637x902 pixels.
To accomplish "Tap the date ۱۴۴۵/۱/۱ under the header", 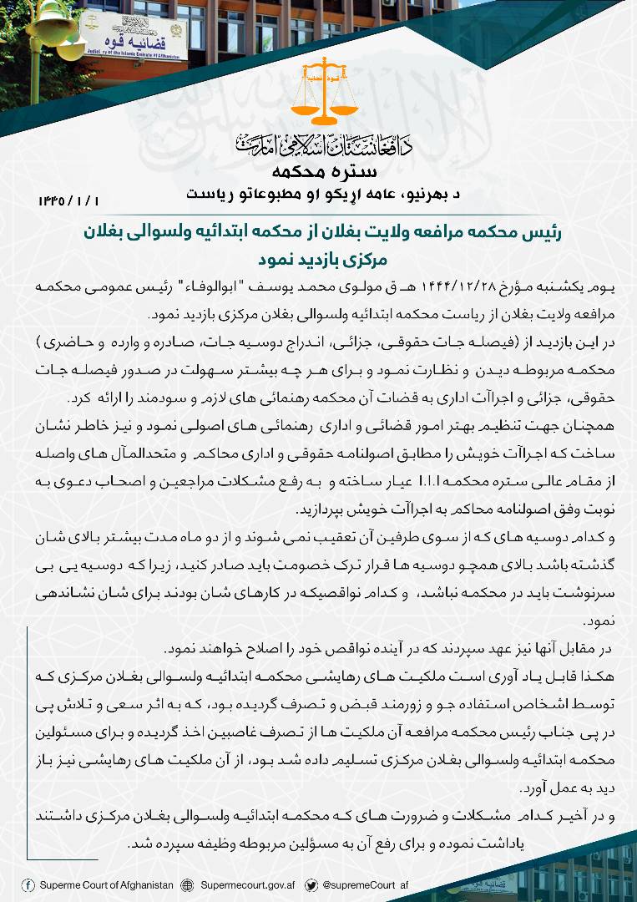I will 68,201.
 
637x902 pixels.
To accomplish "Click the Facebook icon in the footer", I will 29,885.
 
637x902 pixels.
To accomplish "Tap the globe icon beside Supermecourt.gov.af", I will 188,885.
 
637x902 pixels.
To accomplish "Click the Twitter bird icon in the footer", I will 311,885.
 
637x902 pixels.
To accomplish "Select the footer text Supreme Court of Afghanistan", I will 107,885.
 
